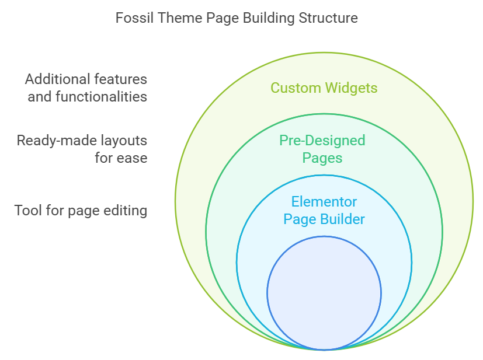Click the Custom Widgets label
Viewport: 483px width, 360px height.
pyautogui.click(x=324, y=88)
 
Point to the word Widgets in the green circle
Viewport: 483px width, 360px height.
pyautogui.click(x=351, y=88)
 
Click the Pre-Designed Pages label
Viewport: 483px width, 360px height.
pyautogui.click(x=322, y=149)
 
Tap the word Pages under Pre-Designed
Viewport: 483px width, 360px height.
pyautogui.click(x=322, y=158)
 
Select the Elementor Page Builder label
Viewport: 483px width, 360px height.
pyautogui.click(x=324, y=211)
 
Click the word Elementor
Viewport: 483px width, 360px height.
pyautogui.click(x=324, y=202)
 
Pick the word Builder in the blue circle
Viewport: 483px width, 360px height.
pyautogui.click(x=342, y=219)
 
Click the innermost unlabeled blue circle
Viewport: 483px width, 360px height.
pyautogui.click(x=324, y=293)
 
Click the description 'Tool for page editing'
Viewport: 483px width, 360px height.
pyautogui.click(x=81, y=211)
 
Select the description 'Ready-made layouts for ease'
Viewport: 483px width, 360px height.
pyautogui.click(x=82, y=149)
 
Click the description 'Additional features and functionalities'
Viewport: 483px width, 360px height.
pyautogui.click(x=86, y=88)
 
